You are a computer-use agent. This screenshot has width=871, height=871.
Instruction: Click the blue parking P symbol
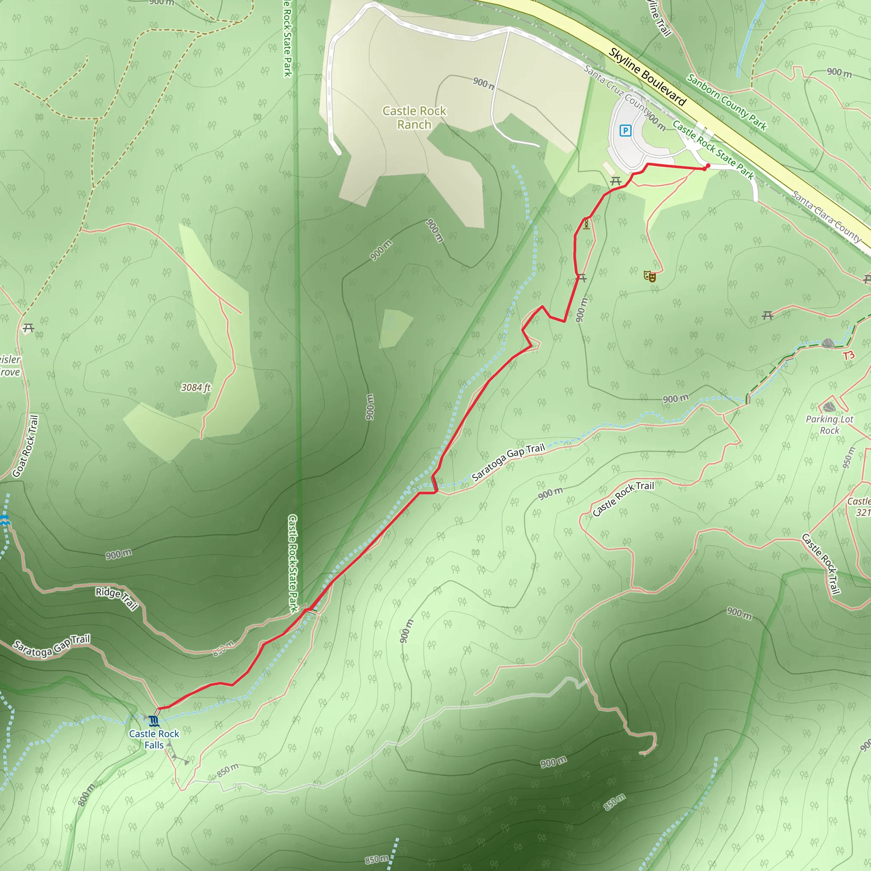pyautogui.click(x=625, y=131)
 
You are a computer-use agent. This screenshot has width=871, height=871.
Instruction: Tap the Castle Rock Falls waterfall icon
pyautogui.click(x=154, y=720)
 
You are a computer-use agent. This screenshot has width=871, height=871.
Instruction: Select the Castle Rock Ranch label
pyautogui.click(x=414, y=117)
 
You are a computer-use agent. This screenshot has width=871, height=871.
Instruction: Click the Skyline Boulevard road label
pyautogui.click(x=647, y=77)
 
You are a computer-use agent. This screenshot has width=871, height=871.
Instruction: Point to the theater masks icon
pyautogui.click(x=650, y=276)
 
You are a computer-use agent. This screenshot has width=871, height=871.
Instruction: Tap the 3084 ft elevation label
pyautogui.click(x=196, y=387)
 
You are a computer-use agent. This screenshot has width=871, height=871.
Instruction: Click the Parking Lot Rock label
pyautogui.click(x=829, y=425)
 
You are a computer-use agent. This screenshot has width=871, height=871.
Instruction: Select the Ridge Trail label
pyautogui.click(x=116, y=598)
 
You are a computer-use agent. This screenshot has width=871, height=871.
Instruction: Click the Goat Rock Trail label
pyautogui.click(x=25, y=446)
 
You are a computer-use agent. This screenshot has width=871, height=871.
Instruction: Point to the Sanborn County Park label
pyautogui.click(x=726, y=102)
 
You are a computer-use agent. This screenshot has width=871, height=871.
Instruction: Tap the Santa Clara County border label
pyautogui.click(x=827, y=216)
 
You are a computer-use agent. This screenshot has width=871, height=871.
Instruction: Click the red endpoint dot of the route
pyautogui.click(x=708, y=166)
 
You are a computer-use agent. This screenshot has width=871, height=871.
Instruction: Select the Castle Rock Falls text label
pyautogui.click(x=154, y=739)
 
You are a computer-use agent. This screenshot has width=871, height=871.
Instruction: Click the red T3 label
pyautogui.click(x=849, y=355)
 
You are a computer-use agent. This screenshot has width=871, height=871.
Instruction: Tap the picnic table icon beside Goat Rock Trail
pyautogui.click(x=28, y=328)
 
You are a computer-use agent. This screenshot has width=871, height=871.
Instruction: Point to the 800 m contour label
pyautogui.click(x=86, y=794)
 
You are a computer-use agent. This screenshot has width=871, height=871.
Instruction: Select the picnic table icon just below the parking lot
pyautogui.click(x=616, y=181)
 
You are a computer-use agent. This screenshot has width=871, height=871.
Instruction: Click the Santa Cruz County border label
pyautogui.click(x=617, y=91)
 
